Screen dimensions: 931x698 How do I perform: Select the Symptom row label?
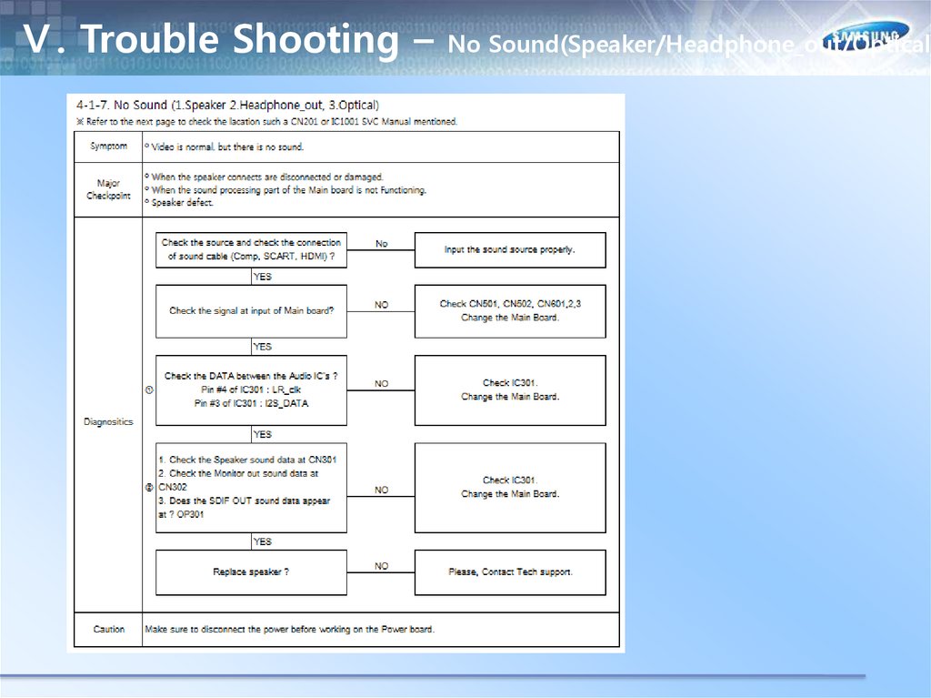click(x=108, y=147)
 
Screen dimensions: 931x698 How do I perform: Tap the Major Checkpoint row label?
click(x=108, y=189)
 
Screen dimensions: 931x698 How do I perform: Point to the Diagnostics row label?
click(x=108, y=422)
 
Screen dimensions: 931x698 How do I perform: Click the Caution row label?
click(x=108, y=629)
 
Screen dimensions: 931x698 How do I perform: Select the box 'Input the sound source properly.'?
click(x=509, y=249)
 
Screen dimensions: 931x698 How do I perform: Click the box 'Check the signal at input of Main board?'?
click(x=251, y=311)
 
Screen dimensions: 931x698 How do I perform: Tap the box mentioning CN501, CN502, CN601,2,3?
click(x=509, y=311)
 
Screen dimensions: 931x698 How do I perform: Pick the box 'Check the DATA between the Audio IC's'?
click(x=251, y=389)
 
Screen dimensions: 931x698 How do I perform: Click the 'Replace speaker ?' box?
click(x=251, y=572)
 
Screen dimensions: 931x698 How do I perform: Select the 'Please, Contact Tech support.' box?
click(x=509, y=572)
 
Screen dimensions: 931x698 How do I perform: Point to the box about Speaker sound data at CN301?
click(x=251, y=488)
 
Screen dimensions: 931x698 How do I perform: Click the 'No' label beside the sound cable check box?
click(x=381, y=244)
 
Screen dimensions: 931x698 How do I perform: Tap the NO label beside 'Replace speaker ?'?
click(x=381, y=566)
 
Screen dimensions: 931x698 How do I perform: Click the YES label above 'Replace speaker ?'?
click(x=262, y=541)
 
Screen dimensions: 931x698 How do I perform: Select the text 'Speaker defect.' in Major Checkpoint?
click(x=182, y=203)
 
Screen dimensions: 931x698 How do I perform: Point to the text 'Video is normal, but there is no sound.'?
click(x=227, y=147)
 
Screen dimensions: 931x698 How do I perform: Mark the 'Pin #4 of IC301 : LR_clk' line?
click(x=251, y=389)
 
